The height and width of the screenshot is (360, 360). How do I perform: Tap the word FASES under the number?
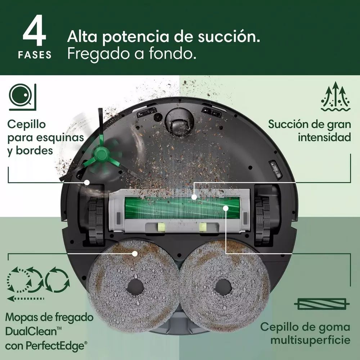coord(35,55)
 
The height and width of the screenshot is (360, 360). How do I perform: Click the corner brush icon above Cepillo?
coord(22,96)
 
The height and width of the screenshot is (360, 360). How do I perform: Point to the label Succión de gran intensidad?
coord(310,131)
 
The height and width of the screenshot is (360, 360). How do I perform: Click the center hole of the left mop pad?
coord(135,287)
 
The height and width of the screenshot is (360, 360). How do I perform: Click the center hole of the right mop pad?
coord(223,287)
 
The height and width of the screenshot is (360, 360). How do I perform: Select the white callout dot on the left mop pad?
coord(135,253)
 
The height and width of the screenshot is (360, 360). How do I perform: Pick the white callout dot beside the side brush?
coord(87,183)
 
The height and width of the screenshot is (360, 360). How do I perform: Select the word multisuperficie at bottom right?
coord(310,340)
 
